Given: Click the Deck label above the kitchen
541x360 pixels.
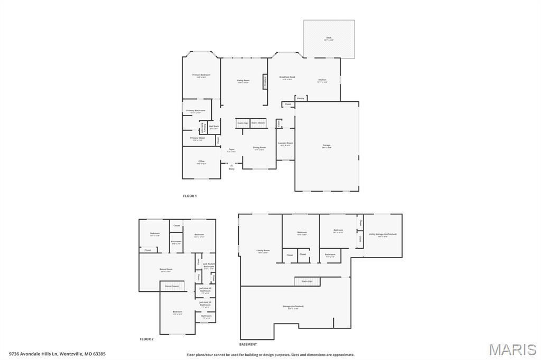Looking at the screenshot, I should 329,39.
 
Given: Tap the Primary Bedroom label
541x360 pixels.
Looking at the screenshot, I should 201,75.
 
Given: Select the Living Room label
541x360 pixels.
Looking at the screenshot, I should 243,81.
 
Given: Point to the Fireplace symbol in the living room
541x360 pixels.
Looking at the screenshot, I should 265,82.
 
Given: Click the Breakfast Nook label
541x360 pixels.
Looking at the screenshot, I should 287,78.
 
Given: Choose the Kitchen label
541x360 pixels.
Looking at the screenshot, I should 322,81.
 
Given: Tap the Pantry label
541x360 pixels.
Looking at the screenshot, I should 300,98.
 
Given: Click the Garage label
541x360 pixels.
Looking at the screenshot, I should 327,146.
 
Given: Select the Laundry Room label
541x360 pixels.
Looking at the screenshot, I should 285,144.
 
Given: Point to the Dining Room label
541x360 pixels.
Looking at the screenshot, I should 259,148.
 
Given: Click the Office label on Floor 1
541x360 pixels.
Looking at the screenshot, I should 201,162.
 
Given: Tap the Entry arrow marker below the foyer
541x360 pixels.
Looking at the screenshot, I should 231,166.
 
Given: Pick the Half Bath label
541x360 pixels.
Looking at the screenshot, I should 214,127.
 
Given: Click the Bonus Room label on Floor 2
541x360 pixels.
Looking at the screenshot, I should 165,270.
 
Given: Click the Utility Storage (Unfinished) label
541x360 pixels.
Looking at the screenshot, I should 382,234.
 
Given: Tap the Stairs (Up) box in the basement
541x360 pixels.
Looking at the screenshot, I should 306,281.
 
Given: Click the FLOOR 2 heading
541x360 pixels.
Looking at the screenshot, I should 146,339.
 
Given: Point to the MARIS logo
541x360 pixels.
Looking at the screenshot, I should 512,349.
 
